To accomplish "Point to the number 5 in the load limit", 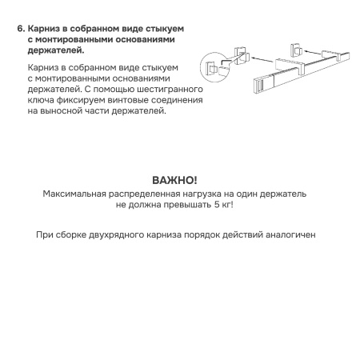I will coord(210,205).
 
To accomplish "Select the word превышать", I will coord(180,205).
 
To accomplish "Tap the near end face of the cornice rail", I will coord(261,83).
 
